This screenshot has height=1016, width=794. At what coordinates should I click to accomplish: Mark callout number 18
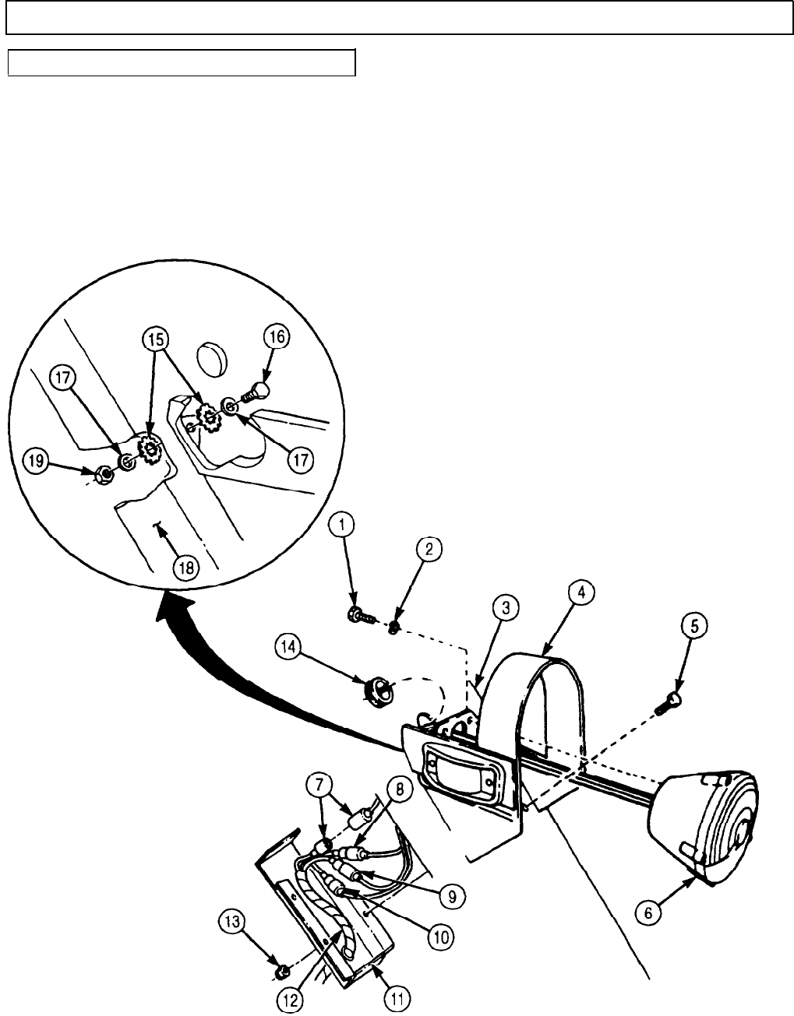point(184,567)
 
